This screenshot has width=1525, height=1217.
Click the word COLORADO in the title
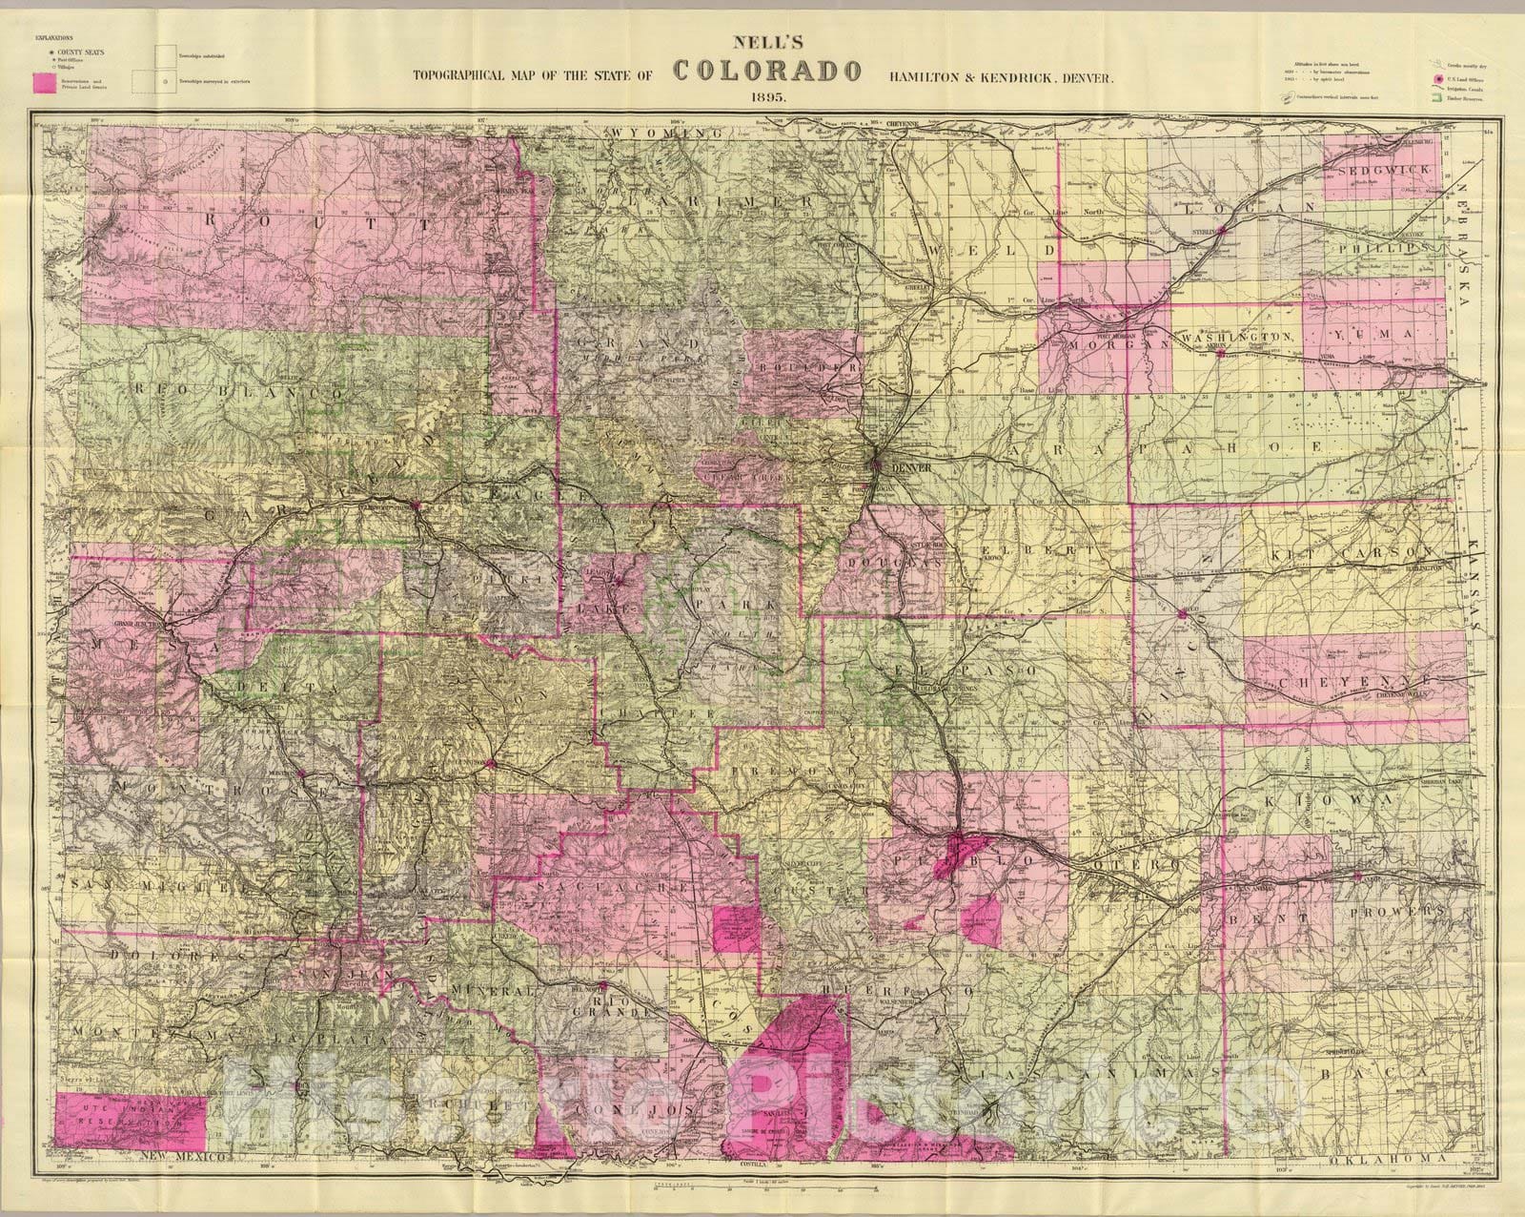click(767, 71)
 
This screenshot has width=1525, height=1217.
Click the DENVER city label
click(902, 468)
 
